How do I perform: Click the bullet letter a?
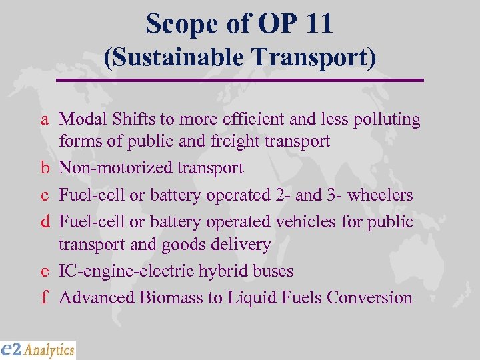click(x=44, y=120)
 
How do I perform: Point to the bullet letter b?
click(x=44, y=167)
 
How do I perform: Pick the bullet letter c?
click(x=44, y=195)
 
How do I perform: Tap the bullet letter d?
click(x=44, y=221)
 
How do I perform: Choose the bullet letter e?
click(x=44, y=271)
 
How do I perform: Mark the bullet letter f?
click(x=44, y=297)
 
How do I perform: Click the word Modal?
click(x=79, y=119)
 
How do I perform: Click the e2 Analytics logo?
click(x=38, y=350)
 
